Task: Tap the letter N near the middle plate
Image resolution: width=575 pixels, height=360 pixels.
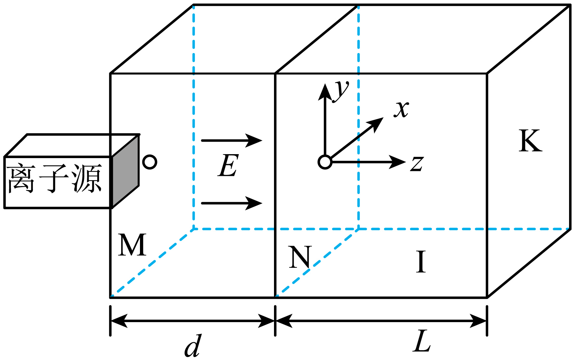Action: [x=300, y=257]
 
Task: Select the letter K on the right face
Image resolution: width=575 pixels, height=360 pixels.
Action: [x=530, y=141]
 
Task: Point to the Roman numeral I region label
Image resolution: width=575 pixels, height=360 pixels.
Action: [x=421, y=262]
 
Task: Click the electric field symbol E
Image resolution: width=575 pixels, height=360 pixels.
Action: [x=228, y=165]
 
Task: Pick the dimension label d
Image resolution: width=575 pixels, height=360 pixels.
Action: [x=193, y=346]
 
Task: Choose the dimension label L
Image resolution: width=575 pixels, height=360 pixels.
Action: [x=422, y=341]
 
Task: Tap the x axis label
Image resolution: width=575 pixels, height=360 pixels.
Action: [x=401, y=109]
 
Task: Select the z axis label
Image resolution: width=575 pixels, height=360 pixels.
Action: [x=417, y=164]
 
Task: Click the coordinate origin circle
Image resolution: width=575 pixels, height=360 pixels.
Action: [x=325, y=162]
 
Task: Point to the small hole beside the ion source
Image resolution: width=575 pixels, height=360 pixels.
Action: [x=150, y=162]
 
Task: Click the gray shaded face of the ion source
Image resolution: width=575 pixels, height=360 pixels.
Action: [x=125, y=171]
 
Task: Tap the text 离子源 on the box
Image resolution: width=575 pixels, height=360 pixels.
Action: [x=55, y=179]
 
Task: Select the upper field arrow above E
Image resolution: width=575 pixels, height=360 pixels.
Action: [x=232, y=140]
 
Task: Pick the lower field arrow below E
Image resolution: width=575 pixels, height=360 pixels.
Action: [x=232, y=203]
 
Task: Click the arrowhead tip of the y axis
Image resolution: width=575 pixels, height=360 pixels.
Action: [x=325, y=84]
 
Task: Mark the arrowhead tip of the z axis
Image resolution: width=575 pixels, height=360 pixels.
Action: [x=406, y=162]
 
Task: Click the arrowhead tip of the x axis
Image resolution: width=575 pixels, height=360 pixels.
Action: [x=384, y=117]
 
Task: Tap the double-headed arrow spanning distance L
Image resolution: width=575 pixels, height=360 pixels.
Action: [x=381, y=321]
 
